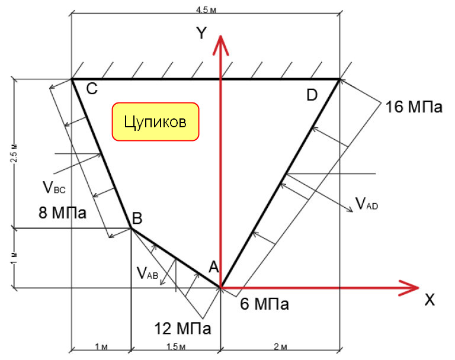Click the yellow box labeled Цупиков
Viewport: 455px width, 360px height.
tap(156, 121)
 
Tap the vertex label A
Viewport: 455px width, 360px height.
tap(213, 267)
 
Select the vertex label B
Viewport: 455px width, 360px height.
tap(137, 218)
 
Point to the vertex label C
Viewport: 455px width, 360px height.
tap(92, 88)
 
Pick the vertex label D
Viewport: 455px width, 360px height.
tap(312, 95)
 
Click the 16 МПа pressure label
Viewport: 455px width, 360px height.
tap(414, 107)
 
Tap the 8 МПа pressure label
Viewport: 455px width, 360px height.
tap(62, 213)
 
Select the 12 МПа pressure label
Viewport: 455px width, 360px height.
tap(182, 329)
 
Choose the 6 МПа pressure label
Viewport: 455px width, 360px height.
tap(264, 304)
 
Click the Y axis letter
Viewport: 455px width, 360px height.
tap(201, 33)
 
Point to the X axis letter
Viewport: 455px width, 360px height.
tap(430, 300)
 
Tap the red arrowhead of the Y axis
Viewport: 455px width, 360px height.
tap(221, 45)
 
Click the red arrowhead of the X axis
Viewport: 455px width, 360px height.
tap(409, 288)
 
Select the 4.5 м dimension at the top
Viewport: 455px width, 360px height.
tap(206, 10)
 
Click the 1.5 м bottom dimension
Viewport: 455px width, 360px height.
tap(175, 346)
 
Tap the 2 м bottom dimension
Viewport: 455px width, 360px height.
tap(280, 346)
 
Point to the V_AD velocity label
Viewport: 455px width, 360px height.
tap(367, 203)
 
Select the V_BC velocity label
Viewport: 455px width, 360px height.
tap(54, 187)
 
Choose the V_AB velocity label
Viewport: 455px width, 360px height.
tap(148, 273)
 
